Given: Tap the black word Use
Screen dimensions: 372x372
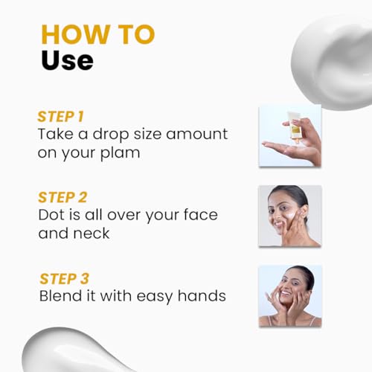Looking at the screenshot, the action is pyautogui.click(x=67, y=60).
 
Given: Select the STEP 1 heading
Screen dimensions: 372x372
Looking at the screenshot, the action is pyautogui.click(x=60, y=117).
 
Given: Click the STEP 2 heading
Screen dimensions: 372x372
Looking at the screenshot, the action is pyautogui.click(x=62, y=197).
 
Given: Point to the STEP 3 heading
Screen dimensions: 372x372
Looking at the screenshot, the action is pyautogui.click(x=64, y=279).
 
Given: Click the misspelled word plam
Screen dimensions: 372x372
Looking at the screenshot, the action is pyautogui.click(x=120, y=153).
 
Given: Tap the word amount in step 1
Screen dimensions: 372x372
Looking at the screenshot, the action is pyautogui.click(x=196, y=134).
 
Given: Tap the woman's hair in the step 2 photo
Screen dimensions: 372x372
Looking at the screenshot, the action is pyautogui.click(x=295, y=196).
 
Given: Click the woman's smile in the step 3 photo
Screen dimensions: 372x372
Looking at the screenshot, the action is pyautogui.click(x=286, y=293).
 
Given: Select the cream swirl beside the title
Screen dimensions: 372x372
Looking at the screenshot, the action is pyautogui.click(x=333, y=62).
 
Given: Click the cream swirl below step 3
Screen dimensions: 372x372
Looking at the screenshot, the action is pyautogui.click(x=74, y=351).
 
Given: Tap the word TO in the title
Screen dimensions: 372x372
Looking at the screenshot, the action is pyautogui.click(x=136, y=34).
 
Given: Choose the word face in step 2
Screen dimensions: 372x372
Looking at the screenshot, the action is pyautogui.click(x=201, y=215).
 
